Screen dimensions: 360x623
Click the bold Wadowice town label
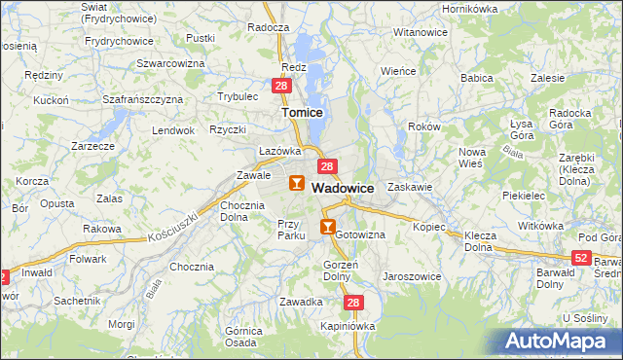coord(343,189)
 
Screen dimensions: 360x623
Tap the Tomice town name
coord(302,113)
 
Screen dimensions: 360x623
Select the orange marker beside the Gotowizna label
coord(328,228)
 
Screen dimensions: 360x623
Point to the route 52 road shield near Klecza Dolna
coord(581,257)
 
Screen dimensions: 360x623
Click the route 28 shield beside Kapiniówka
coord(353,304)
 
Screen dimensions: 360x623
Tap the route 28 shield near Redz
coord(280,87)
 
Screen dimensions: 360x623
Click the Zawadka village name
coord(300,302)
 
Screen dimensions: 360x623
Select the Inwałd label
coord(38,273)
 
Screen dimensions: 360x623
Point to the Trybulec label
coord(238,96)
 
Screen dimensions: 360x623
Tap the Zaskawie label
coord(409,186)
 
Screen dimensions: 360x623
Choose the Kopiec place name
coord(429,227)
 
